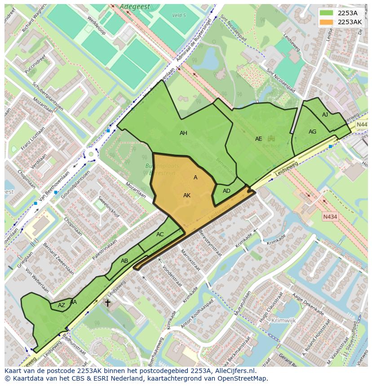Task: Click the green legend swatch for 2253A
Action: [x=327, y=13]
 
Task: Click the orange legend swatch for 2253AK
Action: [x=327, y=22]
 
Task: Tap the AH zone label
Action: [x=183, y=133]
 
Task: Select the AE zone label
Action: [x=258, y=139]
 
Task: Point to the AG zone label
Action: [x=312, y=132]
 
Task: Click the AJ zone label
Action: [x=325, y=115]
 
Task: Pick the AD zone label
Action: [x=226, y=191]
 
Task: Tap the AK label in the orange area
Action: [x=187, y=195]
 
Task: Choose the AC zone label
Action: [x=160, y=234]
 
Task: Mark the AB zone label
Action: [x=124, y=261]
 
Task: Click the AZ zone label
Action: [x=62, y=305]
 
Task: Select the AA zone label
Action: [x=73, y=302]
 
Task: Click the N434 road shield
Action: [x=330, y=217]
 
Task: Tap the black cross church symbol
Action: [x=108, y=303]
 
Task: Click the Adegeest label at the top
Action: [x=134, y=7]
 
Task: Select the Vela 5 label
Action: [x=179, y=15]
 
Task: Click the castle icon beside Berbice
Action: [x=271, y=139]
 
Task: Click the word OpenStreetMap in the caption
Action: [x=243, y=378]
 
